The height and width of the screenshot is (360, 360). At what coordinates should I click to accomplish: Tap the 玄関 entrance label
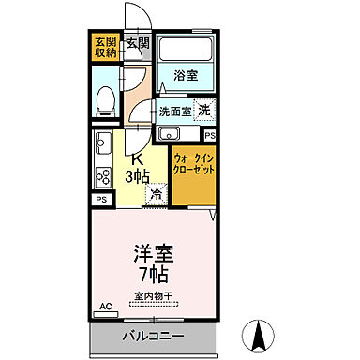tap(138, 42)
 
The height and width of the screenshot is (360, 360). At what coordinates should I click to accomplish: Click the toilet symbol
tap(107, 97)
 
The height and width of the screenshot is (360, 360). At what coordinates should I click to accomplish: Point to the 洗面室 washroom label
tap(174, 112)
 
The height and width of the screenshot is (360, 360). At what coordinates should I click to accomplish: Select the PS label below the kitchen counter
tap(100, 200)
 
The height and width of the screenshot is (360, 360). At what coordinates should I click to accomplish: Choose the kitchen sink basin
tap(102, 146)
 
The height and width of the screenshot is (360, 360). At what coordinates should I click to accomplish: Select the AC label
tap(105, 307)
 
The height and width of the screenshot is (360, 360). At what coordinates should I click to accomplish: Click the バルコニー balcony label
tap(153, 335)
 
